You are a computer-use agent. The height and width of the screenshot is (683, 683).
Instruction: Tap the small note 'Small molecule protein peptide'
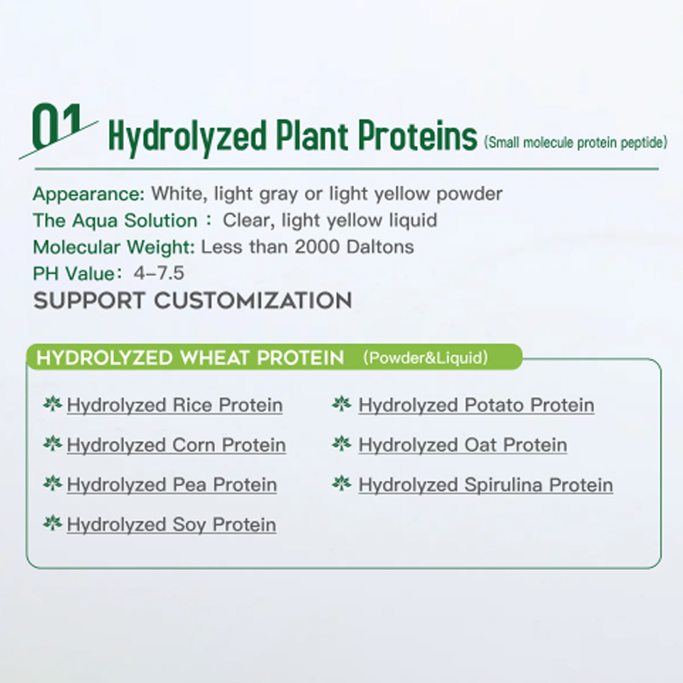574,142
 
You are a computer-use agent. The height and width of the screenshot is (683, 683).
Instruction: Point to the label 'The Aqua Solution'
114,220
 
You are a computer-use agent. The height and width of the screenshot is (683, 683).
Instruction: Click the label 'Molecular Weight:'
114,248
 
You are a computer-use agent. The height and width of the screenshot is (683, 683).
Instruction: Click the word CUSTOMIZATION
253,301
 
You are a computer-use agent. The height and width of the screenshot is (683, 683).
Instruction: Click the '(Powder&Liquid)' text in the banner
425,358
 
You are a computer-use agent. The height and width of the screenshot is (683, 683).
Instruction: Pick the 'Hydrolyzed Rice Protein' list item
174,405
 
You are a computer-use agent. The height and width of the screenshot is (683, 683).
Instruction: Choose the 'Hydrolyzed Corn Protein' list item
176,445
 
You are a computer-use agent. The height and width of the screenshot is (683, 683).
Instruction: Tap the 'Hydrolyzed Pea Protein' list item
172,485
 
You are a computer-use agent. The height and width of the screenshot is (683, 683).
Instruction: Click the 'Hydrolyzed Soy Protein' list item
172,524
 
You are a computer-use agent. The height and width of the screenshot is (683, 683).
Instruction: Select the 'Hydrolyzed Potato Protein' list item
476,405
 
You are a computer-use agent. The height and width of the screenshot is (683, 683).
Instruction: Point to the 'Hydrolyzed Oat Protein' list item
463,445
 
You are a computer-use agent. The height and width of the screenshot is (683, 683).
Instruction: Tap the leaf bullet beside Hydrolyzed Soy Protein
53,522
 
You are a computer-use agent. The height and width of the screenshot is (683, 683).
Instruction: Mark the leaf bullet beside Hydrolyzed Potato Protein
341,403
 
